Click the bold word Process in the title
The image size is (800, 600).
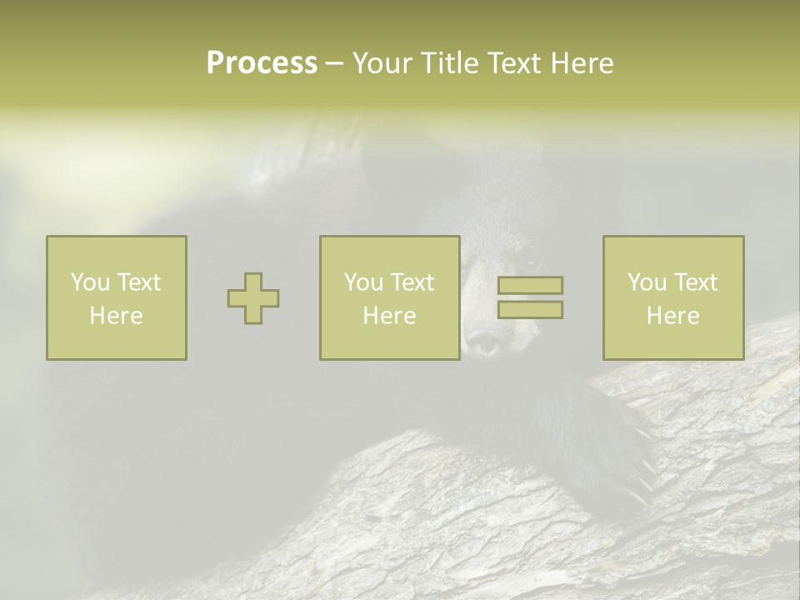coord(262,63)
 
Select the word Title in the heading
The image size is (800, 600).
coord(451,63)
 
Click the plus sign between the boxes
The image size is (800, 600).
coord(253,298)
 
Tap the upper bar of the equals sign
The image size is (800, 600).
coord(530,285)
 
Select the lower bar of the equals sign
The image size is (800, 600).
coord(530,310)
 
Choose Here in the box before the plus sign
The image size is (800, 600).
coord(116,316)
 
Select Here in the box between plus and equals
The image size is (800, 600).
coord(389,316)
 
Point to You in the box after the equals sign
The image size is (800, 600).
coord(647,282)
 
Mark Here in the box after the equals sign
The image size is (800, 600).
coord(672,316)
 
